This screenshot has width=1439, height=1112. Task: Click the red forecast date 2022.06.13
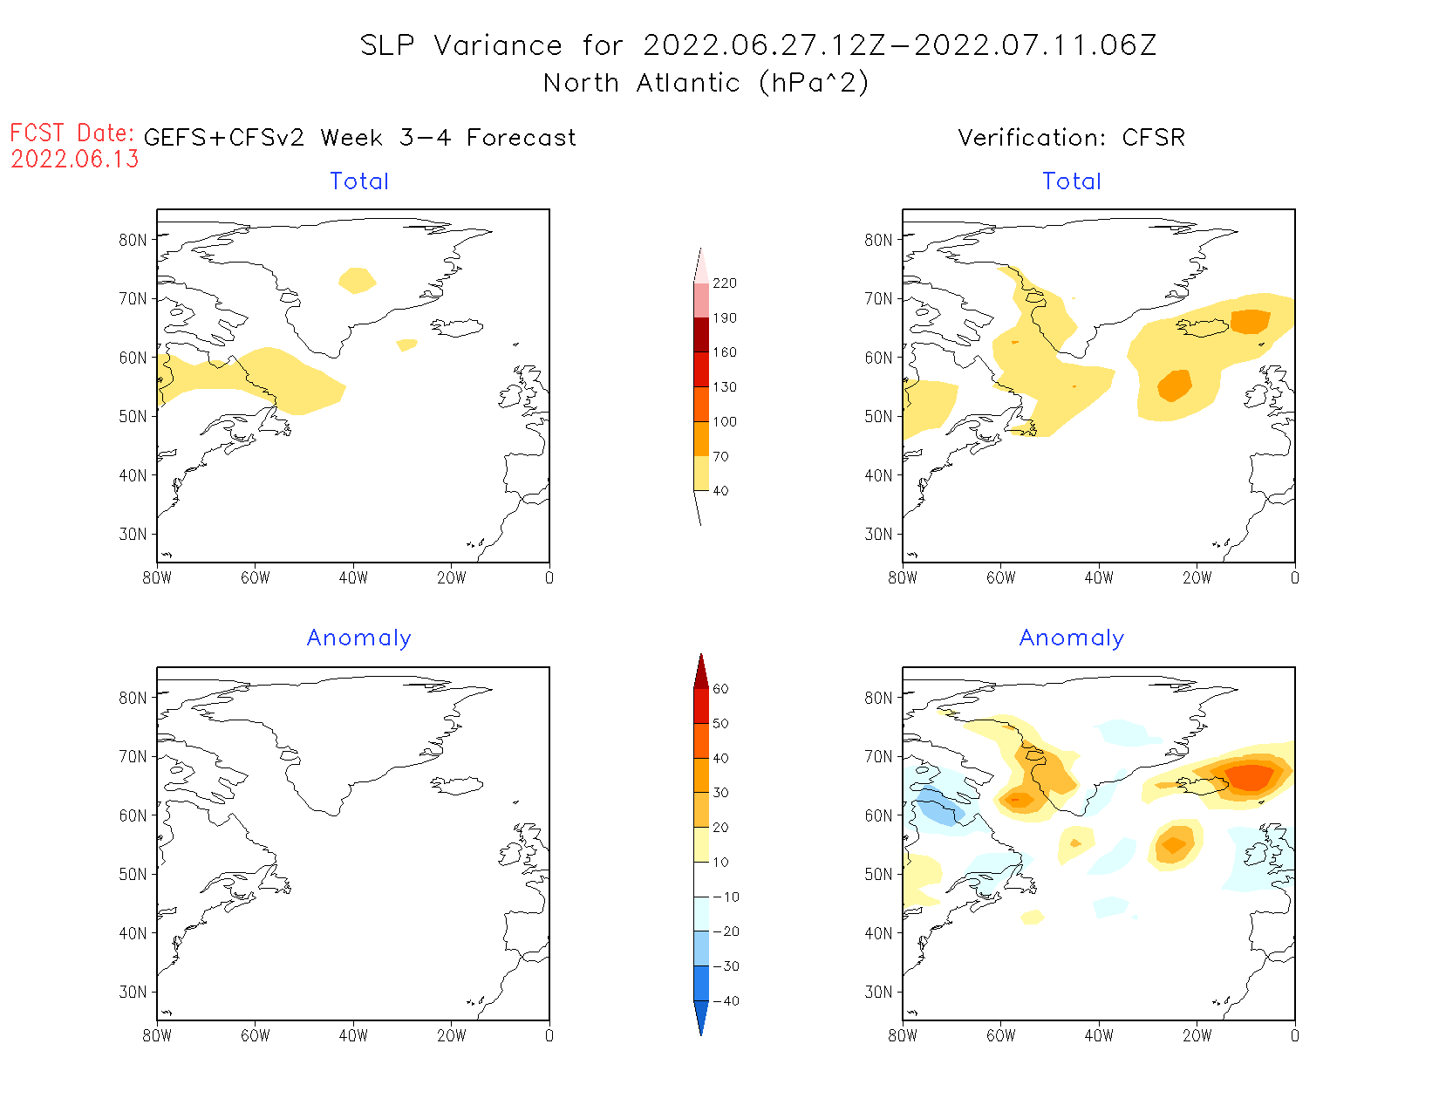click(75, 160)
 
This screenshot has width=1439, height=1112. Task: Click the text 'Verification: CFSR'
click(1071, 138)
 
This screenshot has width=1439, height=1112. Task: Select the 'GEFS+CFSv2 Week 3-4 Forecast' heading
click(359, 138)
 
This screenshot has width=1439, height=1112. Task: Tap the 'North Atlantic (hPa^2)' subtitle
click(706, 83)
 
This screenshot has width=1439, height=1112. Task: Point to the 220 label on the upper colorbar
click(725, 283)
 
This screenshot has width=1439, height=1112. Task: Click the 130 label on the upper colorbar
click(725, 387)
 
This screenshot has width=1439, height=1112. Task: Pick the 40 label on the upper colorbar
click(720, 491)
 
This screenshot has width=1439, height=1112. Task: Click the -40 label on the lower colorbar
click(726, 1001)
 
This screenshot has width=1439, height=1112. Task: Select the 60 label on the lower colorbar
click(720, 689)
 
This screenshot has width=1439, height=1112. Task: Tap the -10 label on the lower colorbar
click(726, 897)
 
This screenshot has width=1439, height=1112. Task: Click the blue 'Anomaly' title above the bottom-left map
click(358, 638)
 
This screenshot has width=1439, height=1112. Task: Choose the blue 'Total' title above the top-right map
click(1072, 181)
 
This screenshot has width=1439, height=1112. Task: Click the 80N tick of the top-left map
click(133, 240)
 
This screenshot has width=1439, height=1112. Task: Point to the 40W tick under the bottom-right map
click(1099, 1036)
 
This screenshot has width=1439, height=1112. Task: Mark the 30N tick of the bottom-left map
click(133, 993)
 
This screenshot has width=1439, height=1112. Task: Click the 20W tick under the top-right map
click(1197, 577)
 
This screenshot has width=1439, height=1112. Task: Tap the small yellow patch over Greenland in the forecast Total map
click(357, 280)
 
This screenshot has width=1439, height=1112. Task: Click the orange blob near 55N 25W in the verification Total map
click(1175, 385)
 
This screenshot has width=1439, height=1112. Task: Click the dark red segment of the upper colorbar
click(701, 335)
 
